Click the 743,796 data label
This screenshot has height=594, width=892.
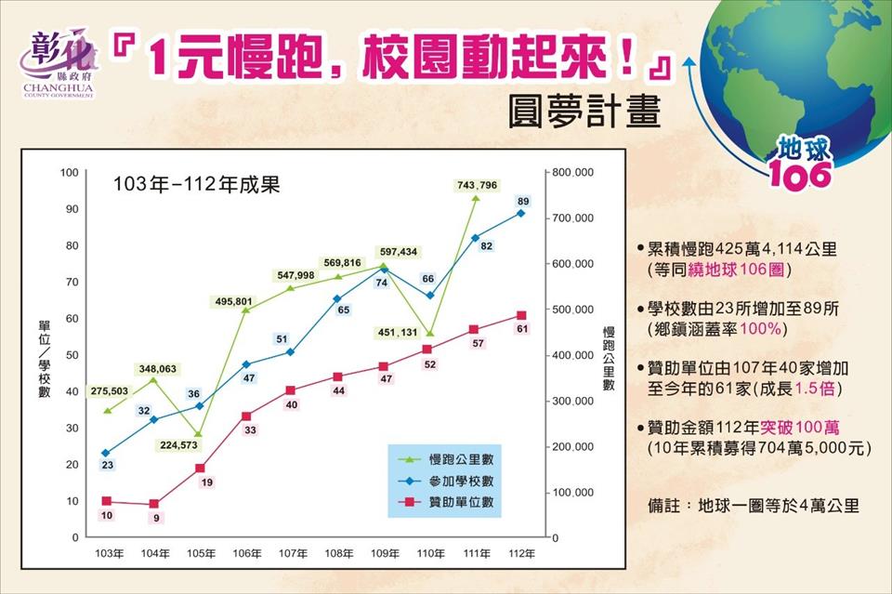(x=477, y=185)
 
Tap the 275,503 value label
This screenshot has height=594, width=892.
(x=111, y=391)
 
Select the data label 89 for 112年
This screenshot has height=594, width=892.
(x=523, y=201)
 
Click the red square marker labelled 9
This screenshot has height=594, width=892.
(x=154, y=504)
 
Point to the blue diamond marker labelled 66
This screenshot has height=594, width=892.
(x=429, y=296)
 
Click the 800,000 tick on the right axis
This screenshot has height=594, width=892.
(x=570, y=173)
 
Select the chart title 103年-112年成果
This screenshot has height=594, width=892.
(x=196, y=184)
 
